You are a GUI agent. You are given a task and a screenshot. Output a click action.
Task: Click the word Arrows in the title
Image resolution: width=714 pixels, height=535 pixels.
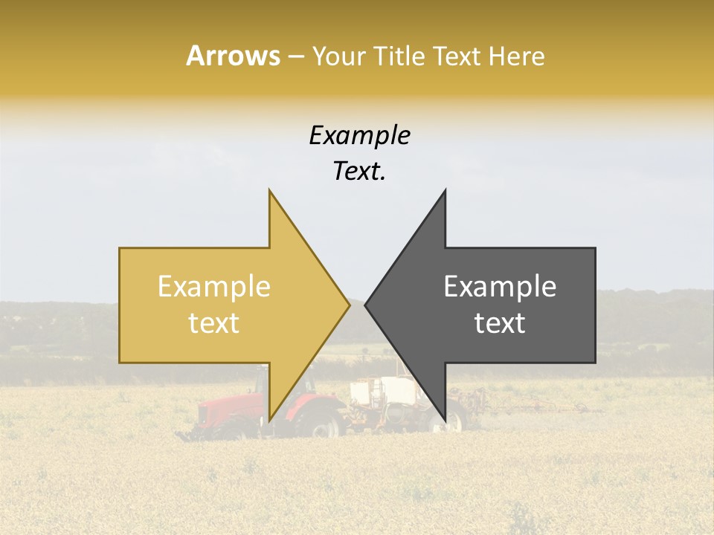click(x=233, y=56)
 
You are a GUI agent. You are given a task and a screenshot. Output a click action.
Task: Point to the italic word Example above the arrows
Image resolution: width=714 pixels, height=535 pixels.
click(x=359, y=135)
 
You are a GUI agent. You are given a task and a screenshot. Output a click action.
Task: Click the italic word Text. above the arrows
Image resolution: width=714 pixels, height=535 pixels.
click(x=359, y=172)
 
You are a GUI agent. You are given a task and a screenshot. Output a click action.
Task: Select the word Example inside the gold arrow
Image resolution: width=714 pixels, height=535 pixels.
click(x=213, y=287)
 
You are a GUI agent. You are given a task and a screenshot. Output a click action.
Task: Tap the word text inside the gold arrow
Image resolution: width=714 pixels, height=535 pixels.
click(x=213, y=323)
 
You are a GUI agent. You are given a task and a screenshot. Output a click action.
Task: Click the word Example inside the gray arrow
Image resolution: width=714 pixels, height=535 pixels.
click(x=500, y=287)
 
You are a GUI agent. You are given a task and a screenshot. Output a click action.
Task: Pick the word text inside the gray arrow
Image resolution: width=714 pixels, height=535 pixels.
click(x=500, y=323)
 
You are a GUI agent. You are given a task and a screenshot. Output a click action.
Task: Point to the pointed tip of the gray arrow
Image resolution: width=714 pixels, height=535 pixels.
click(x=367, y=305)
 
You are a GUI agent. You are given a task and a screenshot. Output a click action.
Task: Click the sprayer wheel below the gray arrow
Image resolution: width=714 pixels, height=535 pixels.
click(x=453, y=418)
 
